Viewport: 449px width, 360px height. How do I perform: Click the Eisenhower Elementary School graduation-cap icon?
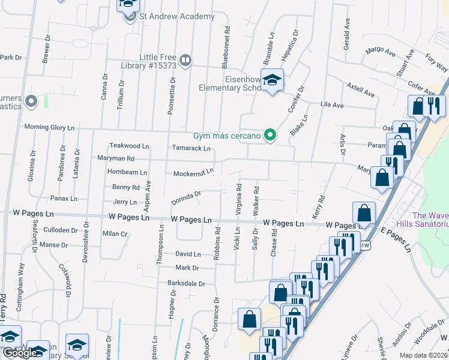pyautogui.click(x=273, y=81)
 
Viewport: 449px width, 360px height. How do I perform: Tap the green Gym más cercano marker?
pyautogui.click(x=270, y=136)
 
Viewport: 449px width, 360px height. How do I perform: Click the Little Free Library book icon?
pyautogui.click(x=185, y=60)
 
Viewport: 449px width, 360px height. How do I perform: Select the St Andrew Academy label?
pyautogui.click(x=176, y=17)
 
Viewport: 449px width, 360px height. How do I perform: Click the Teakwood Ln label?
pyautogui.click(x=128, y=146)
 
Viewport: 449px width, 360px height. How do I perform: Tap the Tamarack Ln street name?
pyautogui.click(x=191, y=148)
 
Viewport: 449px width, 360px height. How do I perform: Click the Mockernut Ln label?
pyautogui.click(x=193, y=172)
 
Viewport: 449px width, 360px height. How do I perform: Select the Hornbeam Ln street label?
pyautogui.click(x=127, y=172)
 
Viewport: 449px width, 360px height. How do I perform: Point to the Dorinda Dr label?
pyautogui.click(x=185, y=197)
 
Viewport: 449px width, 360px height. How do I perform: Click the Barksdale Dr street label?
pyautogui.click(x=186, y=283)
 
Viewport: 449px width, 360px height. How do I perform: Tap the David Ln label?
pyautogui.click(x=187, y=254)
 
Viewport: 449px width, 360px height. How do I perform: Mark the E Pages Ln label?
pyautogui.click(x=397, y=239)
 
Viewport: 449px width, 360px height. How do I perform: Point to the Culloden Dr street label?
pyautogui.click(x=61, y=230)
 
